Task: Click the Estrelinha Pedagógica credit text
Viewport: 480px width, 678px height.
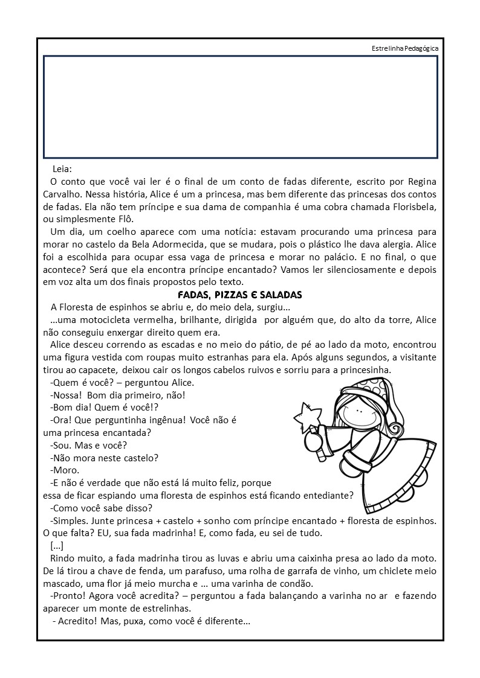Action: click(x=405, y=48)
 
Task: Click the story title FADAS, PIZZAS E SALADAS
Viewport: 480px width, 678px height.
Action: click(x=239, y=295)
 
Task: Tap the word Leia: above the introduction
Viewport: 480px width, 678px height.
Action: click(x=62, y=170)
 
